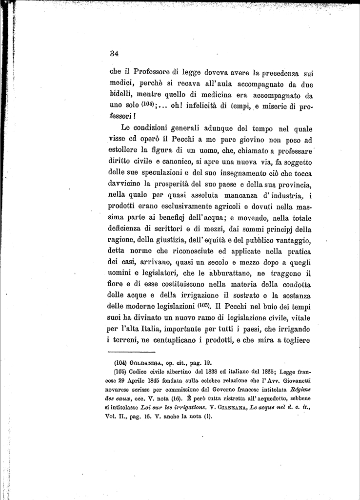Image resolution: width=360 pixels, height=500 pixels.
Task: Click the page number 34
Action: (115, 54)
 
